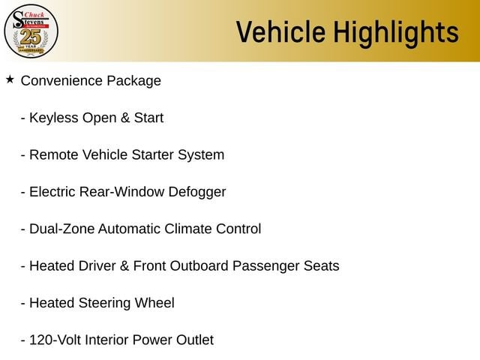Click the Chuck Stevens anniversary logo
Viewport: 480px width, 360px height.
[31, 31]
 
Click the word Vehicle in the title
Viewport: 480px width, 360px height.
[280, 31]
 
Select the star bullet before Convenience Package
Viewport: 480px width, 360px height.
[10, 79]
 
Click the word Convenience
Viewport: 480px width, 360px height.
[61, 81]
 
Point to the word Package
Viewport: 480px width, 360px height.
[133, 82]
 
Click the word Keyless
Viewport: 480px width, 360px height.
[54, 118]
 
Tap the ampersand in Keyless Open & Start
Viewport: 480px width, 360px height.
[125, 118]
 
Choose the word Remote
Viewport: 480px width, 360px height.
[54, 155]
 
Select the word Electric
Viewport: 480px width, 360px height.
[52, 192]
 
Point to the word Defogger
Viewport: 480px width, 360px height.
[197, 193]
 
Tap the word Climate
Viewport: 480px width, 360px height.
[188, 229]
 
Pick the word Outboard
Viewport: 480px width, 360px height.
[199, 266]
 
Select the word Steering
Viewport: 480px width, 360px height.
[105, 304]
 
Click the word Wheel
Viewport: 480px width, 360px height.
[154, 303]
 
